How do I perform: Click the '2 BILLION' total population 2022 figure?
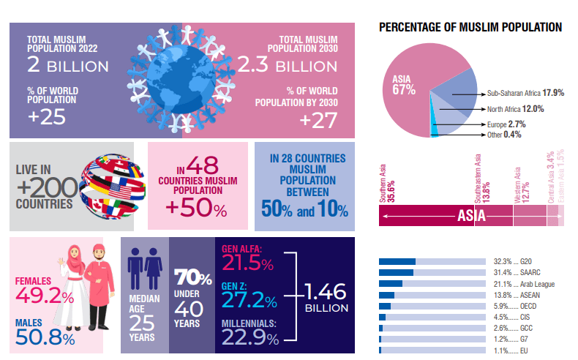tap(67, 66)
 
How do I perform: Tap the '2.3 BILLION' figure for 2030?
tap(297, 66)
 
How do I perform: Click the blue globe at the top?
tap(182, 84)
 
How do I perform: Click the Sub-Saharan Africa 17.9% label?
tap(525, 94)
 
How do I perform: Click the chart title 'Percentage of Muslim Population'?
tap(470, 27)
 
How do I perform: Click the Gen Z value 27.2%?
tap(249, 301)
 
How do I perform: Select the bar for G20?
tap(397, 261)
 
